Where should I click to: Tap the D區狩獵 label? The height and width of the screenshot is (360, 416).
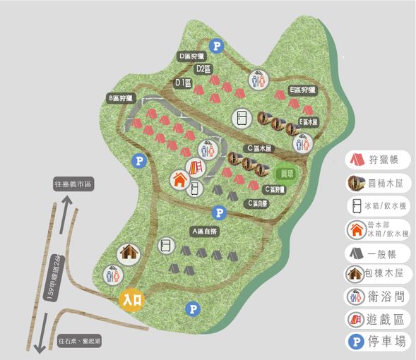[191, 56]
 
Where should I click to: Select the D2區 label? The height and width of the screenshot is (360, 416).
[204, 68]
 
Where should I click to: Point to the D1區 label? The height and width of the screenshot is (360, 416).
[184, 83]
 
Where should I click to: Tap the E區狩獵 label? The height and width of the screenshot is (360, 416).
[302, 90]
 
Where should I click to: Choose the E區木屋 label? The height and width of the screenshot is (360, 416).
[309, 121]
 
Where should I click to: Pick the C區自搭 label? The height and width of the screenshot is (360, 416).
[257, 203]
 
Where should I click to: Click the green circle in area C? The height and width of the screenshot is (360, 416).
[287, 172]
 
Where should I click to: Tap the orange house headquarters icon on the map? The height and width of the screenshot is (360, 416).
[179, 179]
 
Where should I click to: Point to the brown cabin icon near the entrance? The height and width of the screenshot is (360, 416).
[129, 251]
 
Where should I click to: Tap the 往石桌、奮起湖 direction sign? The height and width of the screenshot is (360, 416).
[81, 340]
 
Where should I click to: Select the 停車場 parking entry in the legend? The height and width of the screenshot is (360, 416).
[379, 342]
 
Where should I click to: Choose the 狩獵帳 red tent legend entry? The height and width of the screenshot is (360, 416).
[379, 160]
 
